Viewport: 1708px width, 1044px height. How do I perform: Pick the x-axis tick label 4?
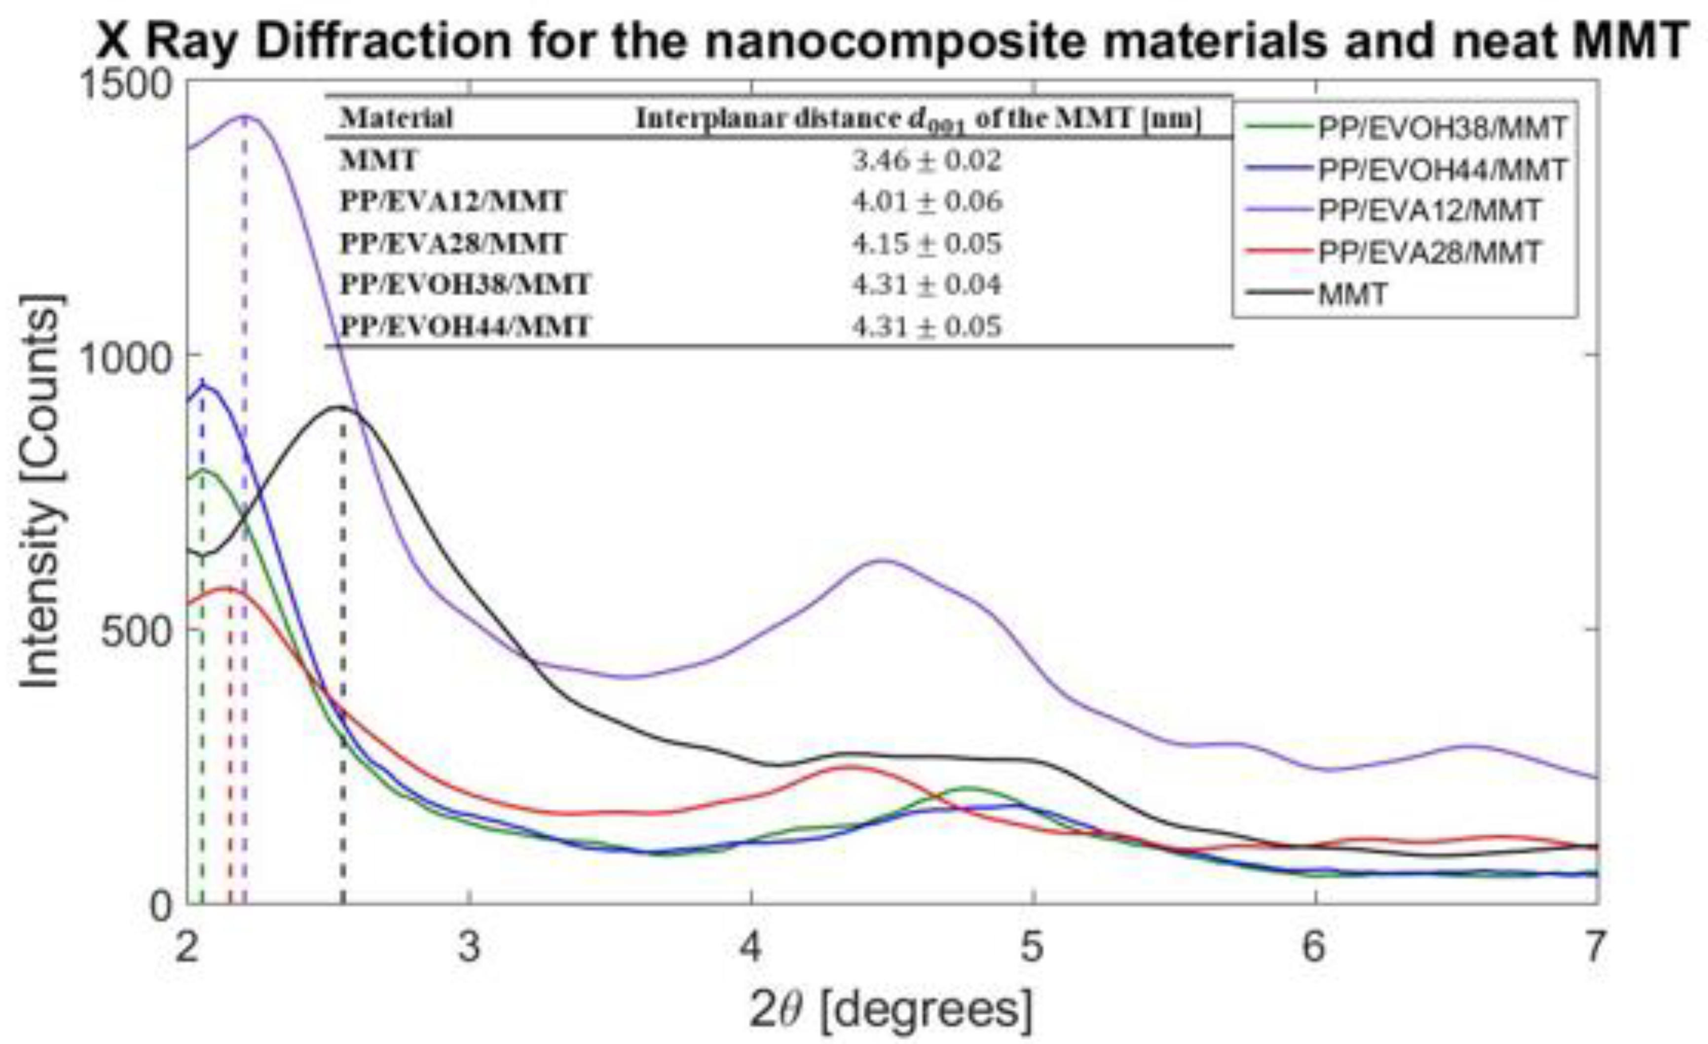point(751,946)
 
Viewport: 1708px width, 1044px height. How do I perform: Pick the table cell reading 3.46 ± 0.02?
point(927,161)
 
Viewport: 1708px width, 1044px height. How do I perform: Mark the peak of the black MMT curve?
point(341,407)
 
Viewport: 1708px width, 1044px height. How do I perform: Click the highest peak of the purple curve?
point(246,116)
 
